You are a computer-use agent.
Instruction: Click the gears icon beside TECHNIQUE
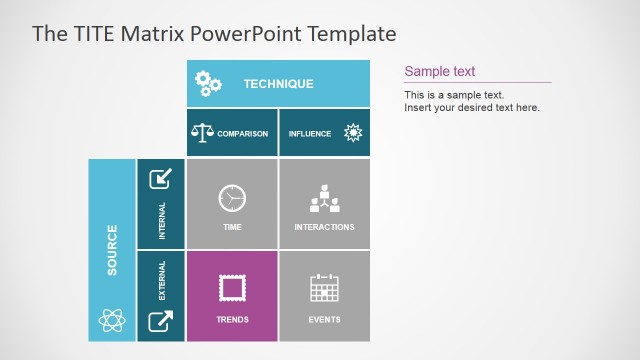coord(208,84)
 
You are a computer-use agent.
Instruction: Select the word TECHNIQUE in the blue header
coord(278,85)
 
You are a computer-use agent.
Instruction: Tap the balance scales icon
coord(203,133)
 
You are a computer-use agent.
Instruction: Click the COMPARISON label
coord(243,134)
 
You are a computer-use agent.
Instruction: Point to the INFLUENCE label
coord(310,134)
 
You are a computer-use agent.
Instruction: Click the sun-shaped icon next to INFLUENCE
coord(352,133)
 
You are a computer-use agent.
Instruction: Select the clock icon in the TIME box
coord(232,198)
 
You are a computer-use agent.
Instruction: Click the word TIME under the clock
coord(232,227)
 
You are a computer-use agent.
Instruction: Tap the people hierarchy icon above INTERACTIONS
coord(324,198)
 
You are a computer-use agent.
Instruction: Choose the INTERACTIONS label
coord(324,227)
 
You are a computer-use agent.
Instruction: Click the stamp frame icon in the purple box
coord(232,289)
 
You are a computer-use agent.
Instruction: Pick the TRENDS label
coord(232,320)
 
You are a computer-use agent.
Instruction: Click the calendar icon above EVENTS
coord(324,289)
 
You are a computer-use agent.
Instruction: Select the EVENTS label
coord(324,320)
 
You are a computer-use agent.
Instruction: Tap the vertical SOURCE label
coord(112,250)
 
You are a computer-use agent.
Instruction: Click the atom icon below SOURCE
coord(112,320)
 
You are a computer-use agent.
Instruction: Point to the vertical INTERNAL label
coord(162,221)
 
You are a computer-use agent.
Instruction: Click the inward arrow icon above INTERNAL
coord(160,179)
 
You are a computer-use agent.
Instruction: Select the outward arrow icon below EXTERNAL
coord(160,321)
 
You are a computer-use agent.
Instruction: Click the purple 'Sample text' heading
coord(439,72)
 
